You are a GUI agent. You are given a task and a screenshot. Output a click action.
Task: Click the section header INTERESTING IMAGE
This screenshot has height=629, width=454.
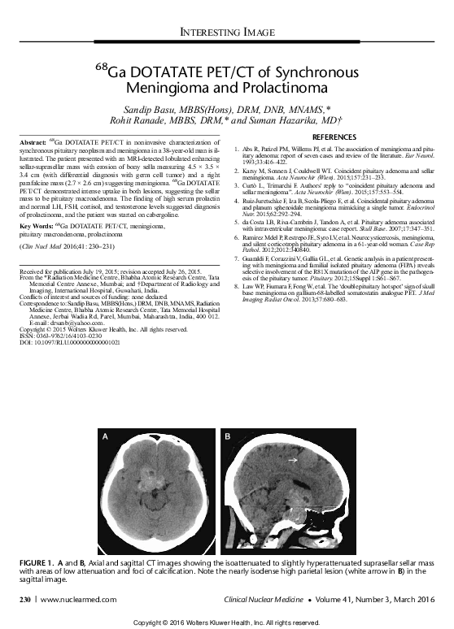[x=227, y=33]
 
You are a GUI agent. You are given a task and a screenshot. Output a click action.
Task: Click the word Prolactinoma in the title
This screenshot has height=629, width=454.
[x=284, y=85]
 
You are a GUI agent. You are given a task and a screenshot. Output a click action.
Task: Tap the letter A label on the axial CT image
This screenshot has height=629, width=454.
[x=103, y=437]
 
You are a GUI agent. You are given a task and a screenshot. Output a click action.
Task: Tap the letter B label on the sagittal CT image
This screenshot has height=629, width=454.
[x=229, y=437]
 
